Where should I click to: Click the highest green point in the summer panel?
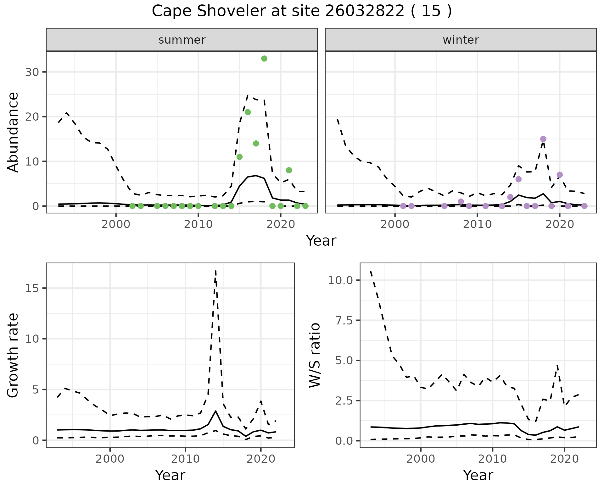(264, 58)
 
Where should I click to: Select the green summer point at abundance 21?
(248, 112)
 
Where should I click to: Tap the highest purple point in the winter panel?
(543, 139)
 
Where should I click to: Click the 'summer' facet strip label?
(182, 40)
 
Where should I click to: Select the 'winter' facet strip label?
(461, 40)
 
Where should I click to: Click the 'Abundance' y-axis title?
(13, 132)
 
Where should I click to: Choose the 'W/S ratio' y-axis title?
(315, 355)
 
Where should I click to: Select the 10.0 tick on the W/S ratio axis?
(340, 280)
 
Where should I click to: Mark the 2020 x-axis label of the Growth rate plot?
(260, 459)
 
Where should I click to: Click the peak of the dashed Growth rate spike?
(215, 271)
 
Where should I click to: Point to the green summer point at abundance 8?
(289, 170)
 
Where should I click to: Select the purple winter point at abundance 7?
(559, 175)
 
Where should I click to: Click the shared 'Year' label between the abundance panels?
(321, 241)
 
